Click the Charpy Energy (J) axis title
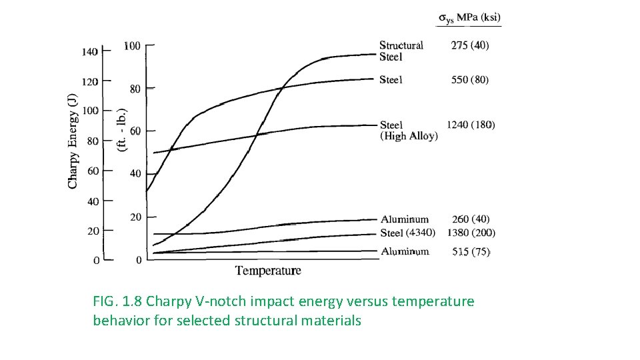click(73, 140)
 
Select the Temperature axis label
click(268, 271)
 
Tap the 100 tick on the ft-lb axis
click(132, 45)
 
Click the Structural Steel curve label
click(401, 51)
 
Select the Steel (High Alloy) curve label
click(408, 130)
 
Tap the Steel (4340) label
click(407, 233)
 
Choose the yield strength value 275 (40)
click(470, 45)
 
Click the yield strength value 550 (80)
click(470, 79)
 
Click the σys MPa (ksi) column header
click(469, 18)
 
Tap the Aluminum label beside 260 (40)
click(405, 219)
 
